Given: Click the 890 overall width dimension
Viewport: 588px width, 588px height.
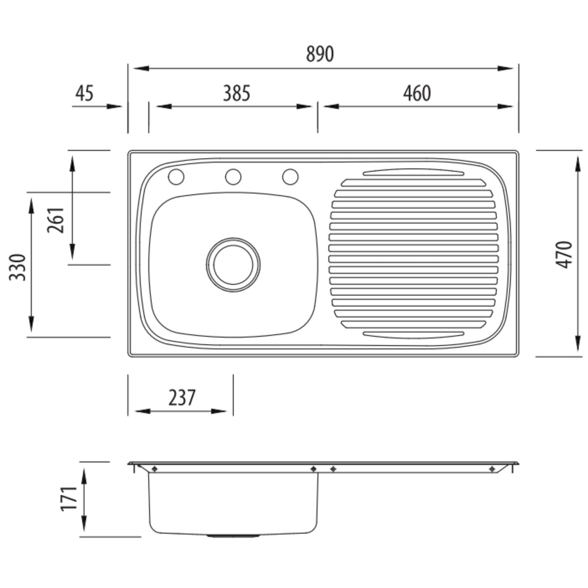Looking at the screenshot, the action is [319, 54].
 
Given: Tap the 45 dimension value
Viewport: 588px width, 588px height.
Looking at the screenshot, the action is [84, 94].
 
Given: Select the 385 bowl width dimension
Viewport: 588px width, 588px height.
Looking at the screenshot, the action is [237, 94].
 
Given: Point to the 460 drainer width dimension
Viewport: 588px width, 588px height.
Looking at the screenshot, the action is [417, 94].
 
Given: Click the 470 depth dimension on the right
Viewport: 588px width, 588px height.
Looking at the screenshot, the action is [564, 254].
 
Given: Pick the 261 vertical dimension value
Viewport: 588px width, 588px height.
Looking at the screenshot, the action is [56, 220].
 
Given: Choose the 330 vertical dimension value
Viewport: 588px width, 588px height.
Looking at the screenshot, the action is [18, 268].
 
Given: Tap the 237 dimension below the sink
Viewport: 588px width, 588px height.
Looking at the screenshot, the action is [182, 398].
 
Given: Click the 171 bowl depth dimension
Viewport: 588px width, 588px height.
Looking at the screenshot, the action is [69, 498].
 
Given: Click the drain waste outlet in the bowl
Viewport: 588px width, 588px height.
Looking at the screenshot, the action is [233, 265].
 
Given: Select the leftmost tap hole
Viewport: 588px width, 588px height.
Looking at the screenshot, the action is [176, 177].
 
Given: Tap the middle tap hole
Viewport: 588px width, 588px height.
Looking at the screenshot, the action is [233, 177].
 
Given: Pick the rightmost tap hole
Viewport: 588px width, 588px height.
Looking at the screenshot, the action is [290, 177].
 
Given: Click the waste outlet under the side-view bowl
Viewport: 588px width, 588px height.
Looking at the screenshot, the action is [233, 536].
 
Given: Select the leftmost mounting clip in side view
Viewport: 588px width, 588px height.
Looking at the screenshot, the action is [154, 469].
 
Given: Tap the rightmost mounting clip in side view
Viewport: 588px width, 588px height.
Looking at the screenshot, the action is [492, 469].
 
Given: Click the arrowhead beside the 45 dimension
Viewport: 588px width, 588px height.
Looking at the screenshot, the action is [114, 106].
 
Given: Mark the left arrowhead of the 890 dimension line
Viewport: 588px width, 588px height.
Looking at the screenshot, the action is [141, 69].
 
